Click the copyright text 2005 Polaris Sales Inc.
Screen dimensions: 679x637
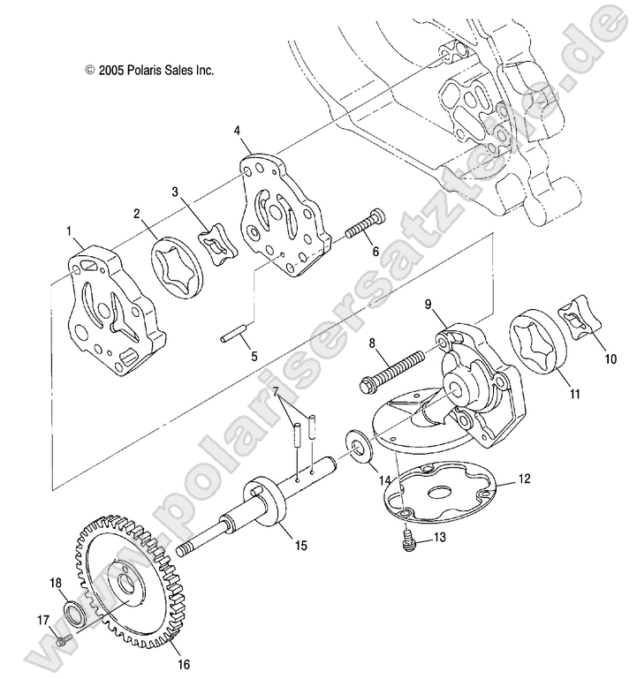click(x=149, y=69)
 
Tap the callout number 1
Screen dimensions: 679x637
click(x=68, y=231)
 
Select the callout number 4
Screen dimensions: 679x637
click(x=238, y=131)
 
